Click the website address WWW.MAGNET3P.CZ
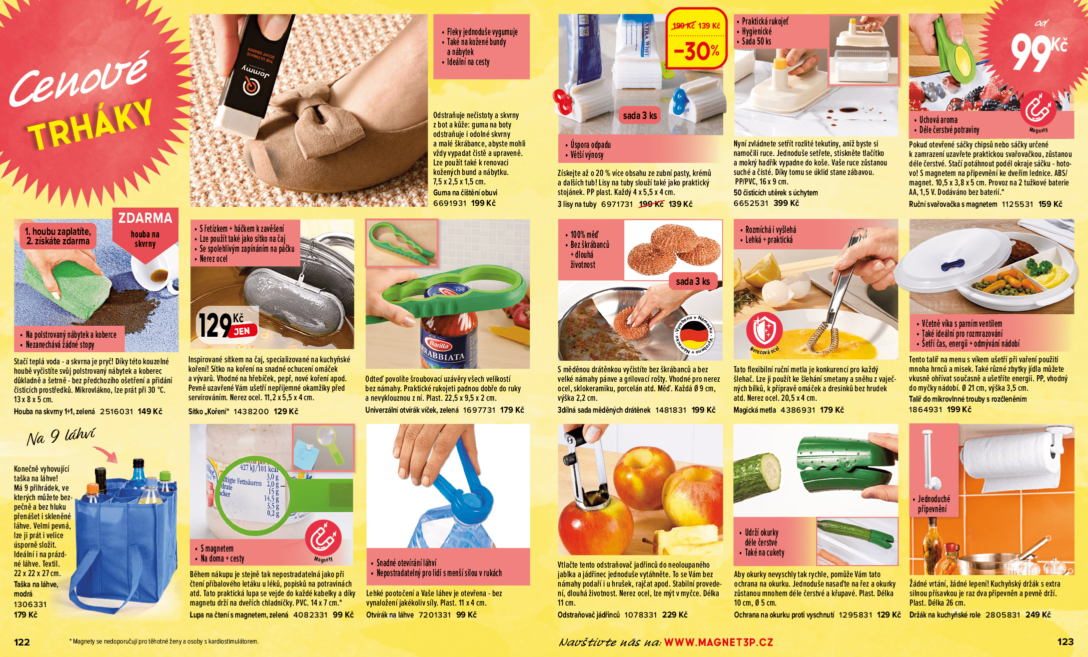point(718,642)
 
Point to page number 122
point(21,642)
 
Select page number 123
point(1066,642)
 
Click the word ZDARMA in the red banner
point(145,218)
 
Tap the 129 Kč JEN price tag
point(227,325)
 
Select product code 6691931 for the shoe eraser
point(450,203)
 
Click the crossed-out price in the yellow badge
point(683,26)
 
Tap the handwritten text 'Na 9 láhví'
point(60,437)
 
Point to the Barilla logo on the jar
point(439,345)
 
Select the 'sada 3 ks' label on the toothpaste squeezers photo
point(640,115)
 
